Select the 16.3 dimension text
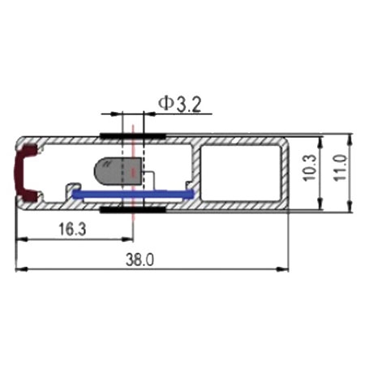pos(72,230)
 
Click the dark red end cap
pos(28,172)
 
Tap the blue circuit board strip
pos(133,194)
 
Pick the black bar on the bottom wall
pos(133,210)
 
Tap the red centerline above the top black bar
pos(130,122)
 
